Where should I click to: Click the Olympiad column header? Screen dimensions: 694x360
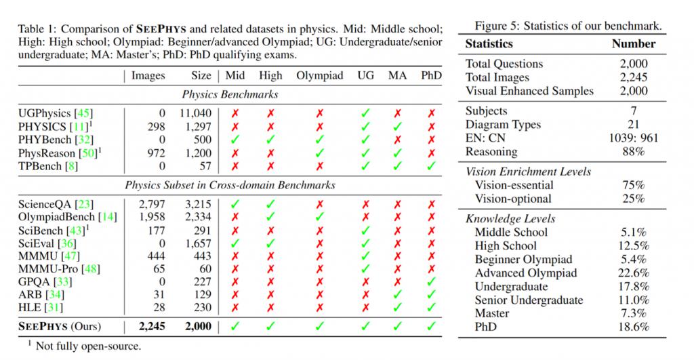click(x=320, y=76)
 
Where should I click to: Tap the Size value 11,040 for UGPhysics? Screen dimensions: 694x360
click(x=195, y=113)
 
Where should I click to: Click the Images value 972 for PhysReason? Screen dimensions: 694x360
click(x=156, y=153)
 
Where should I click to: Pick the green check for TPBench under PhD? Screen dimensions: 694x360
click(x=431, y=166)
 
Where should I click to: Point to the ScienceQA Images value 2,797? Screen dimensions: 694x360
click(x=152, y=204)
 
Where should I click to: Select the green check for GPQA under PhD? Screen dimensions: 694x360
click(x=431, y=281)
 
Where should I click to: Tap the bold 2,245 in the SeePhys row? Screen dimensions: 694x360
click(x=152, y=326)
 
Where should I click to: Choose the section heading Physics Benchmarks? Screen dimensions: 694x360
click(x=230, y=94)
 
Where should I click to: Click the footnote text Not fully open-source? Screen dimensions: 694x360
click(x=88, y=346)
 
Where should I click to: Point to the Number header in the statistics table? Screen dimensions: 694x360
click(x=634, y=43)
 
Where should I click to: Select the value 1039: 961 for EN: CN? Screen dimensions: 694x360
click(x=634, y=138)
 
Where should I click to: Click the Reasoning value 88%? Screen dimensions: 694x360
click(x=634, y=151)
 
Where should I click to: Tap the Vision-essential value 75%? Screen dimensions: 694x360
click(x=634, y=185)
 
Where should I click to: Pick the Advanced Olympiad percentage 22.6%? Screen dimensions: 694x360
click(x=634, y=273)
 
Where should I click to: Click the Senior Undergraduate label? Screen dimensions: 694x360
click(x=529, y=300)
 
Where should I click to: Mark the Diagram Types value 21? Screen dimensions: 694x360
click(x=634, y=125)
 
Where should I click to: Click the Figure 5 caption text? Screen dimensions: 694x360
click(x=569, y=26)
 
